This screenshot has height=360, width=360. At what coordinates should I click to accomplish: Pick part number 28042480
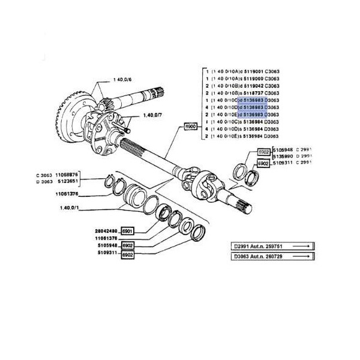[x=106, y=230]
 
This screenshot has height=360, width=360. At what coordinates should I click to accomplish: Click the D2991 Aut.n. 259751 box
[x=272, y=246]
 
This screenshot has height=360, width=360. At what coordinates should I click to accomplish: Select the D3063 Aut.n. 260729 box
[x=272, y=257]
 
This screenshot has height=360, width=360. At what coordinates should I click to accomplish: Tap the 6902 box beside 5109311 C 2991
[x=262, y=163]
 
